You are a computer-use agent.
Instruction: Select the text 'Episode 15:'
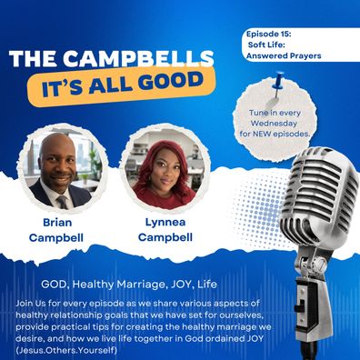click(x=268, y=34)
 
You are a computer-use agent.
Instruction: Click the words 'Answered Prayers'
click(x=284, y=55)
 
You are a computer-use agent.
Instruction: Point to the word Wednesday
click(x=274, y=124)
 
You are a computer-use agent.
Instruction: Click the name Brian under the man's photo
click(x=57, y=223)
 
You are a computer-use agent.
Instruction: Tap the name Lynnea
click(x=165, y=222)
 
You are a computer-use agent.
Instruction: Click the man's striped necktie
click(x=63, y=202)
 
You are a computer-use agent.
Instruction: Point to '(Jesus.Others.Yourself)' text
click(x=66, y=351)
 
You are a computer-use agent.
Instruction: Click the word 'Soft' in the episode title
click(x=257, y=45)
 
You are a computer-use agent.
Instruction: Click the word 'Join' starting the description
click(x=25, y=304)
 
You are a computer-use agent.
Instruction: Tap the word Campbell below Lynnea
click(x=165, y=237)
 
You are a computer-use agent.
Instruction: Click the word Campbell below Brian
click(x=56, y=237)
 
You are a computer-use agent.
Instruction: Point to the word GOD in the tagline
click(x=50, y=285)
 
